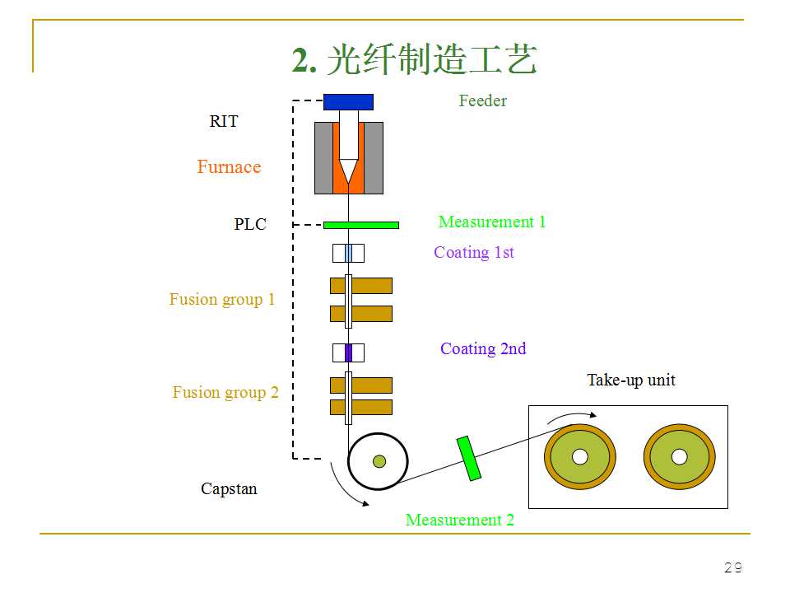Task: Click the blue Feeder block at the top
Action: [348, 102]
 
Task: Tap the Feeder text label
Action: [482, 101]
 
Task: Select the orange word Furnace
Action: [229, 167]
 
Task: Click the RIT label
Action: [224, 122]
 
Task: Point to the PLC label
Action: [250, 225]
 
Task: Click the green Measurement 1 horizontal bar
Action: [361, 225]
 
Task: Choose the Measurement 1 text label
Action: [492, 222]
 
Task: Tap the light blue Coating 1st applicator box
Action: [348, 253]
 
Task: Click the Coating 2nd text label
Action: [483, 349]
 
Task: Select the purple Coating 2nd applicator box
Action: [348, 353]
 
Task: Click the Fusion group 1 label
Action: [222, 300]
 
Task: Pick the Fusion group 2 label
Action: [225, 393]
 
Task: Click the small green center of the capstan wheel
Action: [379, 461]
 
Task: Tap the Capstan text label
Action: [229, 489]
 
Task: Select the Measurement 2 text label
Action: [459, 521]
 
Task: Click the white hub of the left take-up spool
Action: [580, 456]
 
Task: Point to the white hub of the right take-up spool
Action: [679, 456]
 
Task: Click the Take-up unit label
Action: [631, 381]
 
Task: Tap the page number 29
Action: [732, 567]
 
